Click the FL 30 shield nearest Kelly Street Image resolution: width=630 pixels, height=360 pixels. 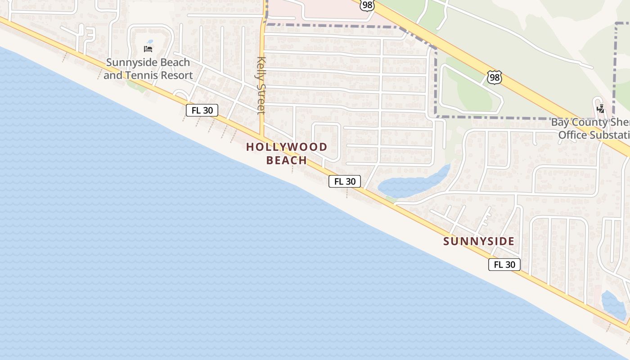(x=202, y=110)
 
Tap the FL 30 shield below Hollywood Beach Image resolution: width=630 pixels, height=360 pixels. (x=345, y=181)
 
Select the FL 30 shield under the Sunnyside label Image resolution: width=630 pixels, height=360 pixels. (x=504, y=265)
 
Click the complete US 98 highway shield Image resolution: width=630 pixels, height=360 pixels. (x=494, y=77)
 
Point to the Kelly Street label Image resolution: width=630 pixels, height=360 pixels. (x=261, y=85)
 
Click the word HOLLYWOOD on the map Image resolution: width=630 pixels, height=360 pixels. (x=287, y=147)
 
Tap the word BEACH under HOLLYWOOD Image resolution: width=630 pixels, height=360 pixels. (x=287, y=160)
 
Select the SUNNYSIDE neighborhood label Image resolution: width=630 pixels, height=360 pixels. (x=479, y=241)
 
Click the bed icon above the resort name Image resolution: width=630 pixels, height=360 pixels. (x=148, y=49)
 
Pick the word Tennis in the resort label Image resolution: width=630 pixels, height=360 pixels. (x=144, y=75)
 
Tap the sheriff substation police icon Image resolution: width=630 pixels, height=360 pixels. (x=600, y=108)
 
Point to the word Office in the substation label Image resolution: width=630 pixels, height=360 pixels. (x=573, y=135)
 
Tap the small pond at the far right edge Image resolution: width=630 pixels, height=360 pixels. (x=614, y=305)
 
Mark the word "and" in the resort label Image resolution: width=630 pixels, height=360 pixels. (x=112, y=75)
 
